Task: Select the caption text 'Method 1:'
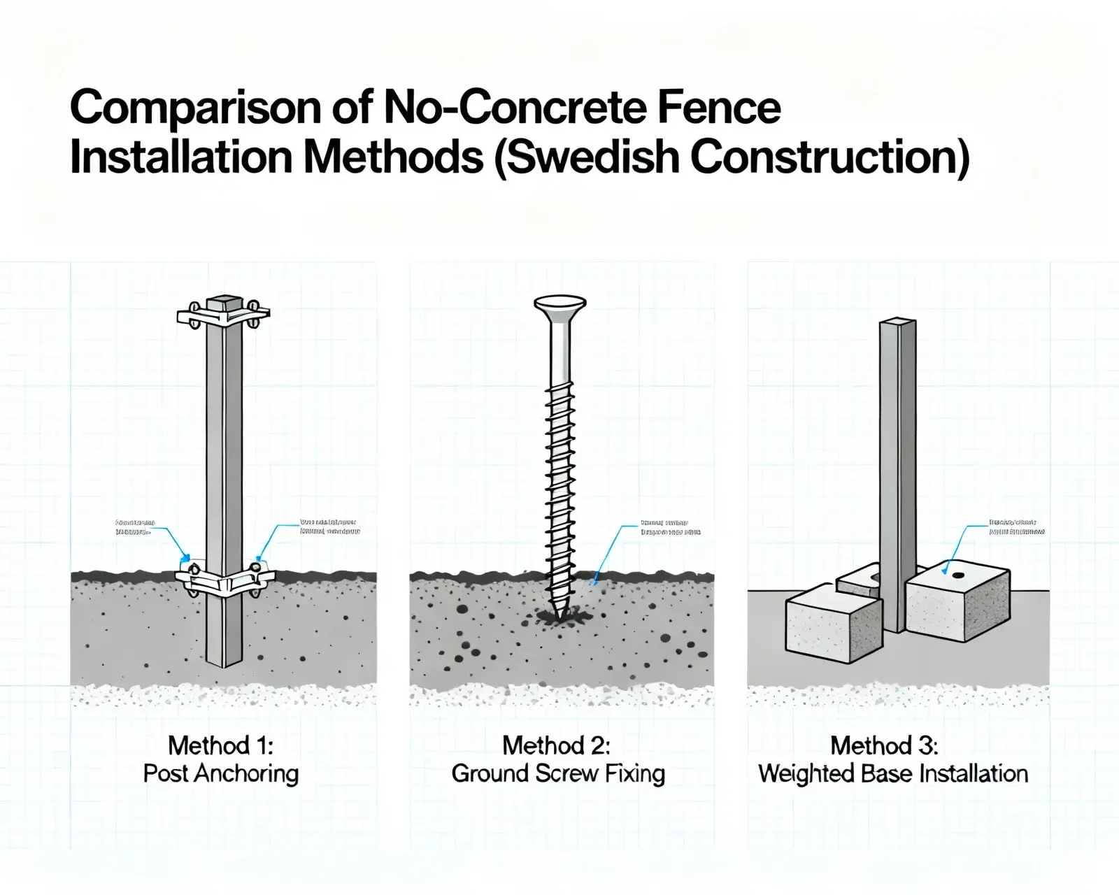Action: pyautogui.click(x=220, y=745)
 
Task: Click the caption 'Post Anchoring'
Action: pyautogui.click(x=220, y=774)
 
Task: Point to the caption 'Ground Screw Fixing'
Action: pyautogui.click(x=558, y=774)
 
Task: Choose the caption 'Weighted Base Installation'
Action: pyautogui.click(x=893, y=774)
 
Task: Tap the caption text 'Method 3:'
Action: pyautogui.click(x=884, y=745)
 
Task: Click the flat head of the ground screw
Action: pyautogui.click(x=559, y=306)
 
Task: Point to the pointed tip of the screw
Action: pyautogui.click(x=559, y=615)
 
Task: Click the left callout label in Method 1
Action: pyautogui.click(x=134, y=527)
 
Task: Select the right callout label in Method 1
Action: pyautogui.click(x=329, y=527)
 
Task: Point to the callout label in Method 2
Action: pyautogui.click(x=670, y=527)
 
